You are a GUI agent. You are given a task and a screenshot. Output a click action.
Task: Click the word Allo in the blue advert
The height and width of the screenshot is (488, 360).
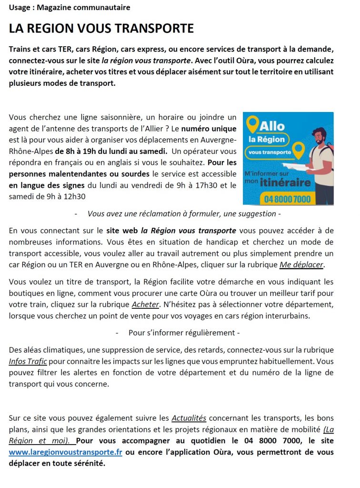[272, 126]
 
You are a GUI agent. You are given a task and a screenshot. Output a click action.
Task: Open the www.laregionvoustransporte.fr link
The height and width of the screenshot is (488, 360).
[65, 452]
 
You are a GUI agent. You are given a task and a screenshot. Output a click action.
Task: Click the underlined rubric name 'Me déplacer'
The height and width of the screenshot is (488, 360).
[308, 264]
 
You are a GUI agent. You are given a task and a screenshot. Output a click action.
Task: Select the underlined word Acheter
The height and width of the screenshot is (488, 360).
[145, 304]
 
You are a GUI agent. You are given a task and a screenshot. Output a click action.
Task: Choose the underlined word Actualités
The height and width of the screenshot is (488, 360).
[189, 418]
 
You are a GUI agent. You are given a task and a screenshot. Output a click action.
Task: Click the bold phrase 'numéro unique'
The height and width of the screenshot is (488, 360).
[209, 129]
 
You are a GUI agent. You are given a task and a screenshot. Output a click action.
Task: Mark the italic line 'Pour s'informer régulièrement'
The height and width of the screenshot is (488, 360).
[181, 333]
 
